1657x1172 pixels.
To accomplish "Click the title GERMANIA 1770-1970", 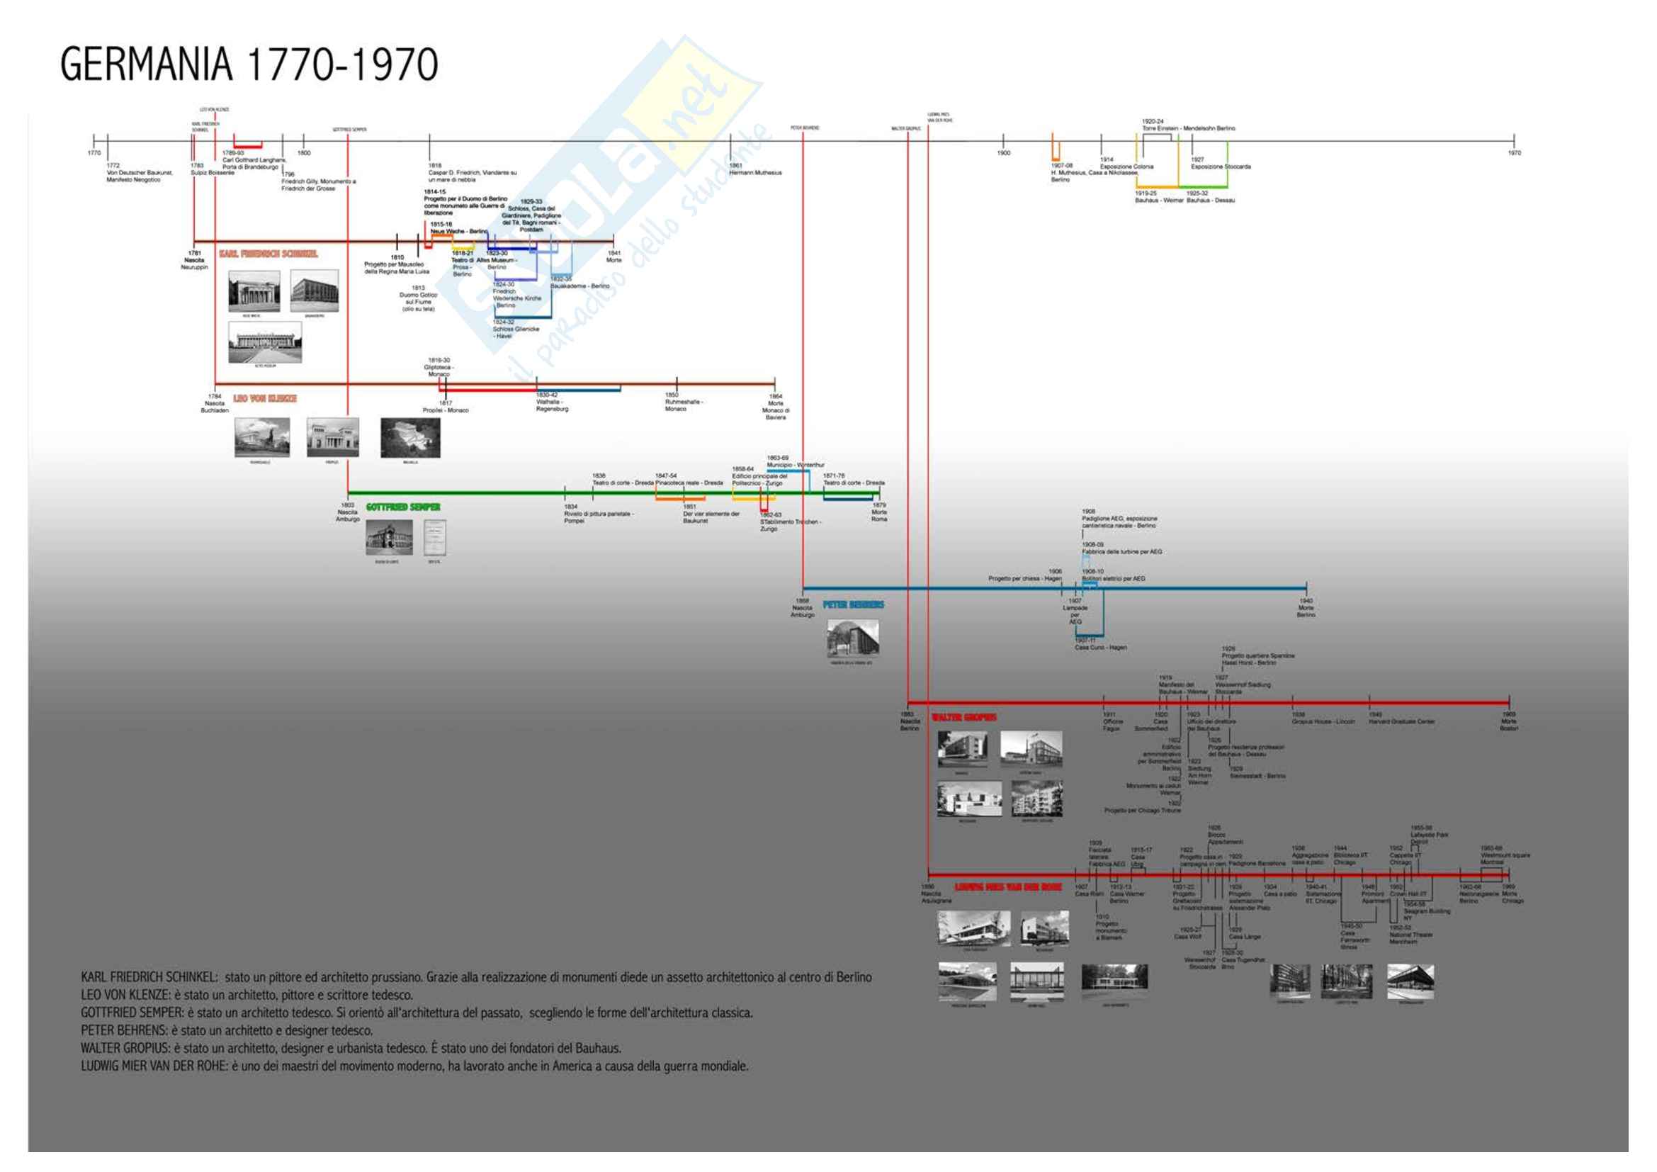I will coord(249,64).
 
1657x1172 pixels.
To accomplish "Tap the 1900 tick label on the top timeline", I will coord(1003,153).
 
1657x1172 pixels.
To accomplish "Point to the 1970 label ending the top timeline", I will coord(1514,153).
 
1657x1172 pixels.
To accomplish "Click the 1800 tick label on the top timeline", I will coord(304,153).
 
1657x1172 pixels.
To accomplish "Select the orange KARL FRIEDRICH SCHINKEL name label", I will coord(268,254).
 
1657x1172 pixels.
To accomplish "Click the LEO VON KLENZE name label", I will coord(265,398).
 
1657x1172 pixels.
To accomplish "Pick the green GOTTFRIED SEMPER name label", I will coord(402,507).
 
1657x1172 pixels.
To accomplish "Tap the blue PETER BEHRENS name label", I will coord(853,604).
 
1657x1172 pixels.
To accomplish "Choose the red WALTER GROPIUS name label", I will coord(963,717).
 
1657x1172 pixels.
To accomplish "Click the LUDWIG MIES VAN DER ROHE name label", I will coord(1007,887).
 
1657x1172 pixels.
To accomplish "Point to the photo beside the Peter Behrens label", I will coord(852,638).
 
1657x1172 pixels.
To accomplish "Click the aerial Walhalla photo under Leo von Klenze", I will coord(410,437).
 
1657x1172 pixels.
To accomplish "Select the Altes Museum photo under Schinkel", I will coord(265,343).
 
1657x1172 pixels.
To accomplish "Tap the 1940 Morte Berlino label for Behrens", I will coord(1306,608).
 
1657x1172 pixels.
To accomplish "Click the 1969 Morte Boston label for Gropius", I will coord(1508,721).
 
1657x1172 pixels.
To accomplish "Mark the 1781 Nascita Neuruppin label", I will coord(194,260).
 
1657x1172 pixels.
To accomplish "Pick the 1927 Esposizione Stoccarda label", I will coord(1221,163).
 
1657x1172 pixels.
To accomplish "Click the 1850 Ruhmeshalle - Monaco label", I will coord(684,402).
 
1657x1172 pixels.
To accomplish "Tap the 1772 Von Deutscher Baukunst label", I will coord(140,172).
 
